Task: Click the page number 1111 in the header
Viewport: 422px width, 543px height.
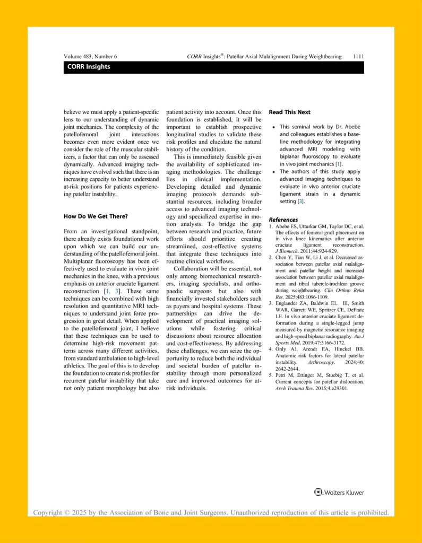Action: (358, 56)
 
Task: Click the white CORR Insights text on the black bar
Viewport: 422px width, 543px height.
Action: (89, 67)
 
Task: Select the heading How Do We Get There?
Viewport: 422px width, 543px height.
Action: (97, 216)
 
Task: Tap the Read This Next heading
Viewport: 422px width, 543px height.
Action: (289, 112)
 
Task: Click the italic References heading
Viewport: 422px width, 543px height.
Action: (283, 220)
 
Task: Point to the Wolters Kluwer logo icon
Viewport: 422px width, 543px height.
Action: (318, 493)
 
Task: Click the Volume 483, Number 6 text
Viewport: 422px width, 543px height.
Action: (90, 56)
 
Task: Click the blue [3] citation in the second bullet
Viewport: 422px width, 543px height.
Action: (300, 202)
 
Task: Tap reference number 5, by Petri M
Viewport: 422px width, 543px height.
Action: (271, 375)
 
